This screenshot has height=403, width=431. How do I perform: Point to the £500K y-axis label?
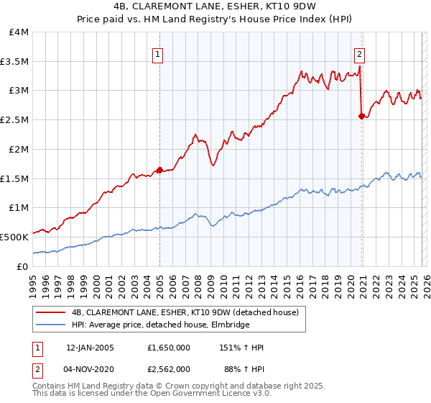pyautogui.click(x=14, y=236)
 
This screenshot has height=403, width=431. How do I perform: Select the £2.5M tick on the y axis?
pyautogui.click(x=14, y=119)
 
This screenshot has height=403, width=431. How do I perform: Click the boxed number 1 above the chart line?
pyautogui.click(x=157, y=53)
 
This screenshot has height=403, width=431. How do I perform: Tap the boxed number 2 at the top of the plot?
pyautogui.click(x=358, y=53)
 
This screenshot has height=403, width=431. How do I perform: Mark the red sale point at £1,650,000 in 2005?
pyautogui.click(x=159, y=170)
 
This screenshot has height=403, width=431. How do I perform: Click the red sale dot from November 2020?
pyautogui.click(x=361, y=116)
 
